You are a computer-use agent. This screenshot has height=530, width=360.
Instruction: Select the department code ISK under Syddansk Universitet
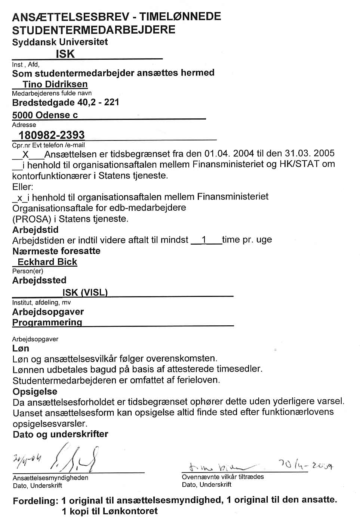tap(65, 54)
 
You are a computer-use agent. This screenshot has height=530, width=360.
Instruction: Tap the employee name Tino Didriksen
tap(55, 84)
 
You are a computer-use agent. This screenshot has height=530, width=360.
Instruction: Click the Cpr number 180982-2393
tap(52, 135)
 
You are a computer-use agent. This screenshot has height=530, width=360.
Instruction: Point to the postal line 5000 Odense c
tap(45, 115)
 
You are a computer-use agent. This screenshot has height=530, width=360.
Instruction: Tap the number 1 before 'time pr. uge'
tap(204, 240)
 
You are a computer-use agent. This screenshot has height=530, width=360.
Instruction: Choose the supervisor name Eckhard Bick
tap(47, 262)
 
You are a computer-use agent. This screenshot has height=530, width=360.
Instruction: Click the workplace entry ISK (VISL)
tap(85, 292)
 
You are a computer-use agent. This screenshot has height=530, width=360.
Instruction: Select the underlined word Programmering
tap(47, 322)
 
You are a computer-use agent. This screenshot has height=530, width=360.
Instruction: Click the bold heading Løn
tap(21, 348)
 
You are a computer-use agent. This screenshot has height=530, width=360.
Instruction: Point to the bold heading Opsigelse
tap(35, 391)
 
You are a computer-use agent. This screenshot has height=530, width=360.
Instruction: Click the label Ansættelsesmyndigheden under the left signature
tap(50, 478)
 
